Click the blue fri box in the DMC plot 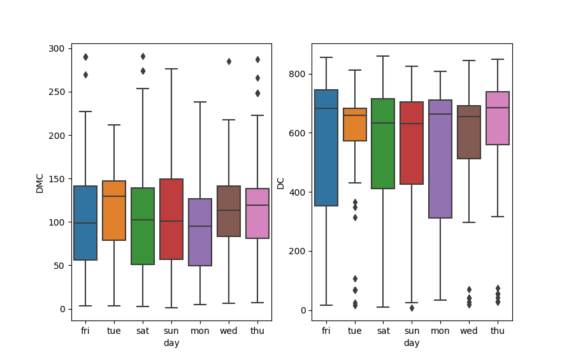pyautogui.click(x=85, y=223)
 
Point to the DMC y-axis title pyautogui.click(x=40, y=182)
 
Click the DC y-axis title pyautogui.click(x=280, y=182)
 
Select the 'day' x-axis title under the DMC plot pyautogui.click(x=171, y=343)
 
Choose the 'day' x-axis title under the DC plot pyautogui.click(x=412, y=343)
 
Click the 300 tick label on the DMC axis pyautogui.click(x=56, y=49)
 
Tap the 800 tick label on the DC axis pyautogui.click(x=296, y=74)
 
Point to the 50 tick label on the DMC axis pyautogui.click(x=59, y=266)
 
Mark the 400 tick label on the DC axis pyautogui.click(x=296, y=192)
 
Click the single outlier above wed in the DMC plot pyautogui.click(x=229, y=61)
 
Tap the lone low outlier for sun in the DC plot pyautogui.click(x=412, y=308)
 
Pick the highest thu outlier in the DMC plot pyautogui.click(x=257, y=59)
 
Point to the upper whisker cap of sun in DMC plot pyautogui.click(x=171, y=69)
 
